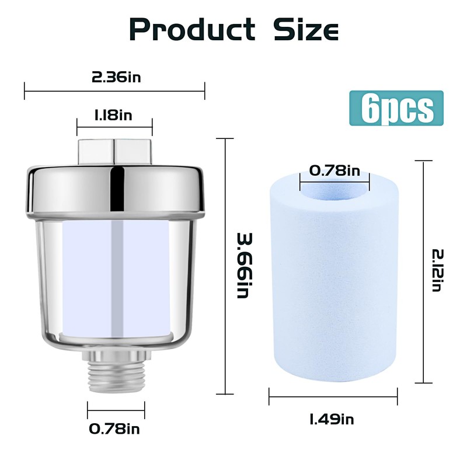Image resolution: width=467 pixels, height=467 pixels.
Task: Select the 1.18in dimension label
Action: coord(113,114)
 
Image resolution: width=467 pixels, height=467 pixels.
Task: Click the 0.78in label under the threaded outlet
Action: coord(114,429)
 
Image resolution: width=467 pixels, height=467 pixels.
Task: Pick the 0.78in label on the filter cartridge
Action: coord(334,170)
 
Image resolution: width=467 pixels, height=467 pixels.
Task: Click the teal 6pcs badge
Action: coord(396,108)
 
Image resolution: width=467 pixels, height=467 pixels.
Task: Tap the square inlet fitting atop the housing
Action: coord(114,151)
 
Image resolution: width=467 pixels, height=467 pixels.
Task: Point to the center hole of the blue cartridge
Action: coord(334,188)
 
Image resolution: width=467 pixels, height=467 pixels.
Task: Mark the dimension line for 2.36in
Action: coord(114,90)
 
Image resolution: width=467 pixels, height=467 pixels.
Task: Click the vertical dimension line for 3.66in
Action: coord(225,266)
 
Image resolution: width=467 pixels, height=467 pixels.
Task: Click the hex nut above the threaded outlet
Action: coord(114,353)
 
